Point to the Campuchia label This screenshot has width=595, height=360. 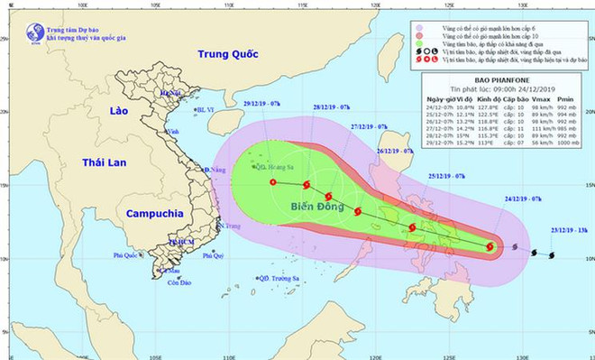154,214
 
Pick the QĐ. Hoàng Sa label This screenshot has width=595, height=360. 273,166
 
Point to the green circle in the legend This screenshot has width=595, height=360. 422,42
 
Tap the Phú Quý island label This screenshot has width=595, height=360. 214,256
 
